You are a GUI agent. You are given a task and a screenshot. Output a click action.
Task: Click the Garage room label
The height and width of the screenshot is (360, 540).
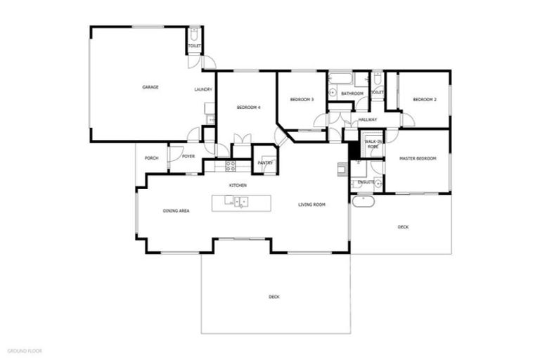coord(150,87)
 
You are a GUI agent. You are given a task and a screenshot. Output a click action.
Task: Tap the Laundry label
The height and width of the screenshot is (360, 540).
coord(203,90)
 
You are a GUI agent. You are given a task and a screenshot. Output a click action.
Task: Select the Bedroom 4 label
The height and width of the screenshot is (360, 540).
coord(248,107)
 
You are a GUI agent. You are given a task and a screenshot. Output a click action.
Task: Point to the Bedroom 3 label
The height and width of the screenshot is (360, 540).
coord(302,100)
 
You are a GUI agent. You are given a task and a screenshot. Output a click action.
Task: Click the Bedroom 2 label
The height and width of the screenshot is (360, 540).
coord(425,100)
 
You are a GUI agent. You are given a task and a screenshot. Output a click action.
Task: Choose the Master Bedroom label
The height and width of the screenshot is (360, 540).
coord(418,159)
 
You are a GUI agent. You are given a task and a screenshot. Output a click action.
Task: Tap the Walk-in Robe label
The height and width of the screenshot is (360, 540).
coord(373,145)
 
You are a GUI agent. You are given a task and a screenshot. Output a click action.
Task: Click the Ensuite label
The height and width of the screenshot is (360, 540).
coord(366,182)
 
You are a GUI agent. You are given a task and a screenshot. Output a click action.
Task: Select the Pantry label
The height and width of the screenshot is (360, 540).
coord(265,163)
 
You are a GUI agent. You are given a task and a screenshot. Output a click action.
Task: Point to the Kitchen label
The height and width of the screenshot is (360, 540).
coord(238,185)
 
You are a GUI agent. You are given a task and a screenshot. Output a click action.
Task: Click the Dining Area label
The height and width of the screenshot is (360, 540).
coord(176,211)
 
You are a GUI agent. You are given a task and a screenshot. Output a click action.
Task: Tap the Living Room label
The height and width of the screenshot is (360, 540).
coord(311,205)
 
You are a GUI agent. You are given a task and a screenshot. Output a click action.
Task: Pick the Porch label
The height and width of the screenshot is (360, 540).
coord(151,158)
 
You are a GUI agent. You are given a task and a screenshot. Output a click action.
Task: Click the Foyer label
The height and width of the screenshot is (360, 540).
coord(188,156)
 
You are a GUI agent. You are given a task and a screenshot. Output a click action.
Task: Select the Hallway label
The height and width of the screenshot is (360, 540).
coord(368,120)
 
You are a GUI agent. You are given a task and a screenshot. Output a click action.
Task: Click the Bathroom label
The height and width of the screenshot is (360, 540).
coord(352,94)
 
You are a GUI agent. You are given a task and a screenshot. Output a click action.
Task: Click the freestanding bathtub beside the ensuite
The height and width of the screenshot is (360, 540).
coord(362,201)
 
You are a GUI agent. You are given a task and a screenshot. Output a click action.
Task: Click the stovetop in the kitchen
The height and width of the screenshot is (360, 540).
coord(230,166)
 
